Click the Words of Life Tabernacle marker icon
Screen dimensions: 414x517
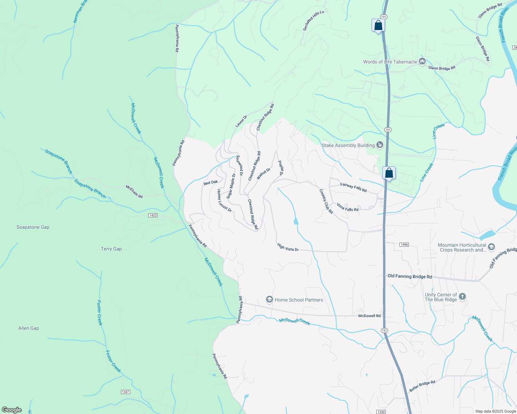(422, 61)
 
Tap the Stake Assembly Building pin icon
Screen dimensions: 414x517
(380, 145)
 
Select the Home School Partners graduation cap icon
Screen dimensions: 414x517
(270, 299)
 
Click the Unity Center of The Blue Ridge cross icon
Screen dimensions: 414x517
(462, 297)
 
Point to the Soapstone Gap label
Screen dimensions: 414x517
(33, 227)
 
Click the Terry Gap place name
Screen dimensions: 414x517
(111, 249)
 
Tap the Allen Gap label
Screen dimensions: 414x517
(29, 328)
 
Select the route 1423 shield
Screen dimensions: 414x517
(153, 215)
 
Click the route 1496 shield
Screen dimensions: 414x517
(404, 245)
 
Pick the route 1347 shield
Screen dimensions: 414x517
(125, 392)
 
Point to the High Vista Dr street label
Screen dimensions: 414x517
(288, 247)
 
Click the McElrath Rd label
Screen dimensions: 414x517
(134, 192)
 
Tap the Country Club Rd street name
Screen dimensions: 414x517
(326, 201)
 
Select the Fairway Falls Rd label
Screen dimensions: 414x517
(353, 187)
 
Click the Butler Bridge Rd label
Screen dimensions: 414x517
(422, 386)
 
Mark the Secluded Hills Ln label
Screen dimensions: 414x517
(313, 21)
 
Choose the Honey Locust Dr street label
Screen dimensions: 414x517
(224, 201)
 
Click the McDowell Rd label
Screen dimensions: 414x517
(369, 316)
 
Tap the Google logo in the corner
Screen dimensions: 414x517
(11, 410)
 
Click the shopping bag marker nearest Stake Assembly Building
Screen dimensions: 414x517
(389, 173)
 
